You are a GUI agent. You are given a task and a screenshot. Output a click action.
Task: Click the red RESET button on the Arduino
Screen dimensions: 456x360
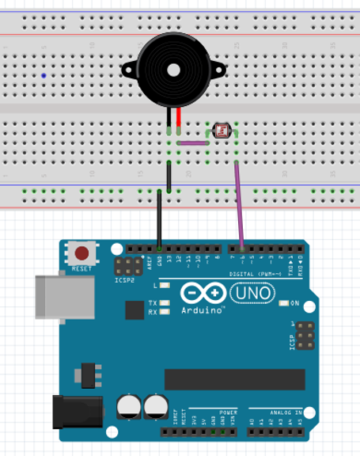[x=81, y=254]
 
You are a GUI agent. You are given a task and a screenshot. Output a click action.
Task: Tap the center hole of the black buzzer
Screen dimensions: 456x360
[x=173, y=70]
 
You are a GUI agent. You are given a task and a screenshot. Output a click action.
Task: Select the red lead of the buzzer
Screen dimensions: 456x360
[x=179, y=118]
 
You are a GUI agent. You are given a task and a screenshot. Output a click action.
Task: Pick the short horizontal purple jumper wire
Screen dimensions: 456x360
[x=192, y=144]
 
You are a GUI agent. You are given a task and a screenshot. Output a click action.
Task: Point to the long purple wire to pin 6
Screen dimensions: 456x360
[x=240, y=206]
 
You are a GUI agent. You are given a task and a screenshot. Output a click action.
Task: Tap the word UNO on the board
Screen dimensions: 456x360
[x=252, y=294]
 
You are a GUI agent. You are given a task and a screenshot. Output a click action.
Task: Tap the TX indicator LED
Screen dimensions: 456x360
[x=165, y=303]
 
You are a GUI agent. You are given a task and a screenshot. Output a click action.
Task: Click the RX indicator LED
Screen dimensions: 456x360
[x=165, y=312]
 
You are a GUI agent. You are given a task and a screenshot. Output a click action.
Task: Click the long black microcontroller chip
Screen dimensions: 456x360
[x=233, y=379]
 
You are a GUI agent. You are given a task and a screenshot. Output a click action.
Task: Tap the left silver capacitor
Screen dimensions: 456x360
[x=129, y=407]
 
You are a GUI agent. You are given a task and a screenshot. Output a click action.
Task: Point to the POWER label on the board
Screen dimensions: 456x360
[x=228, y=412]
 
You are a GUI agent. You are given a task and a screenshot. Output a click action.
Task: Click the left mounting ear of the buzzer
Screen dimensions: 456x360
[x=127, y=70]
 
